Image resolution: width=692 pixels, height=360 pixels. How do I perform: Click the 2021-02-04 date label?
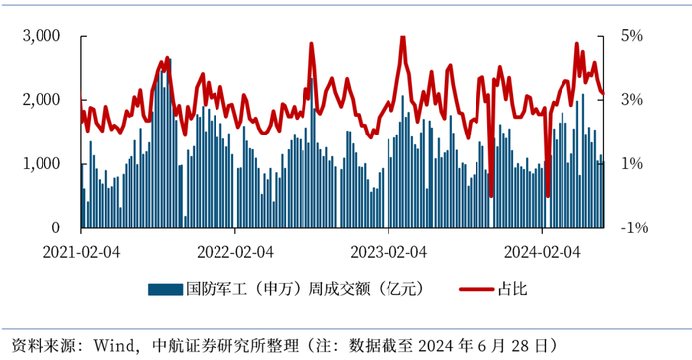pyautogui.click(x=81, y=252)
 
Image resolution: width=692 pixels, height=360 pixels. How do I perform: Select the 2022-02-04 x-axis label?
pyautogui.click(x=235, y=252)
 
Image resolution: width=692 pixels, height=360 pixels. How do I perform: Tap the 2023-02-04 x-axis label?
pyautogui.click(x=389, y=252)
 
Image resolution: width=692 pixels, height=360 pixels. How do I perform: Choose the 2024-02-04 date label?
pyautogui.click(x=542, y=252)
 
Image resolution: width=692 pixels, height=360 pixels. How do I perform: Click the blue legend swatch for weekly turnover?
pyautogui.click(x=163, y=290)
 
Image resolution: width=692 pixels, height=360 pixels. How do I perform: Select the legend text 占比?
pyautogui.click(x=515, y=290)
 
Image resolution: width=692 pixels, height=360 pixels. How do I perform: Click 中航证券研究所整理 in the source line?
pyautogui.click(x=224, y=345)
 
